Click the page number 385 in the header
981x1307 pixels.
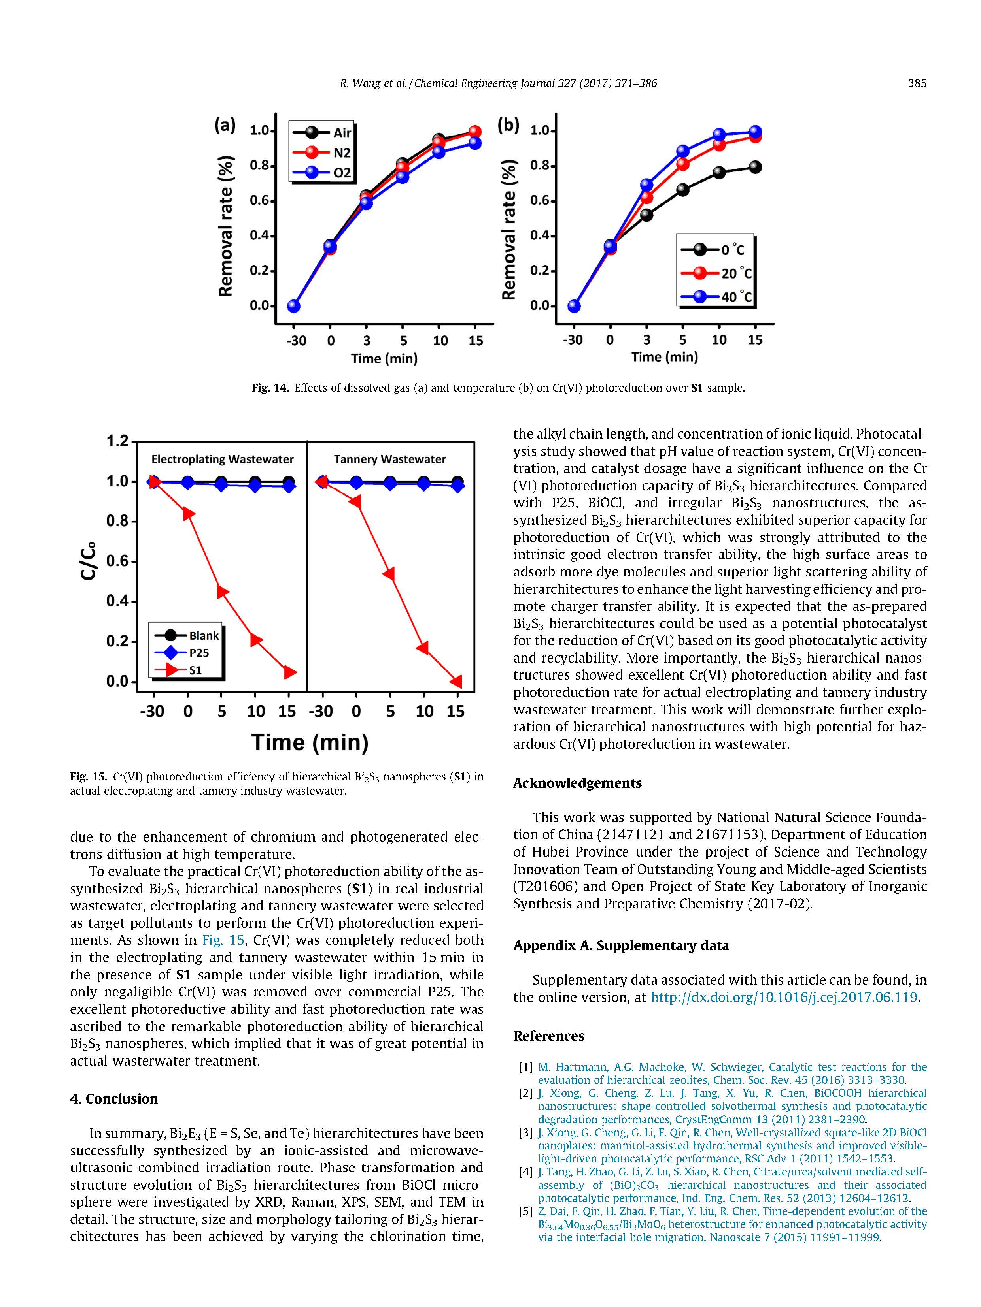917,83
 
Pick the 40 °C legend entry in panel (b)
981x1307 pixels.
716,297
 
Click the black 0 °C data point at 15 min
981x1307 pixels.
755,167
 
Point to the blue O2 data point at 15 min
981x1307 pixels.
475,143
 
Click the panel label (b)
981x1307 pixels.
508,125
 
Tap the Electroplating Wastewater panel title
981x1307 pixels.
222,459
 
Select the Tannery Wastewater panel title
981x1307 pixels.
390,459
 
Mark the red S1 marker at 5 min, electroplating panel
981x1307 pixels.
222,591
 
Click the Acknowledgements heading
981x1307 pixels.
577,783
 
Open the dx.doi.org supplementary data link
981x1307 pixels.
784,997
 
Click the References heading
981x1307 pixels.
549,1036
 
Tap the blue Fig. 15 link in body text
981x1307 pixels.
223,940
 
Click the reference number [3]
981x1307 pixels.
525,1133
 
